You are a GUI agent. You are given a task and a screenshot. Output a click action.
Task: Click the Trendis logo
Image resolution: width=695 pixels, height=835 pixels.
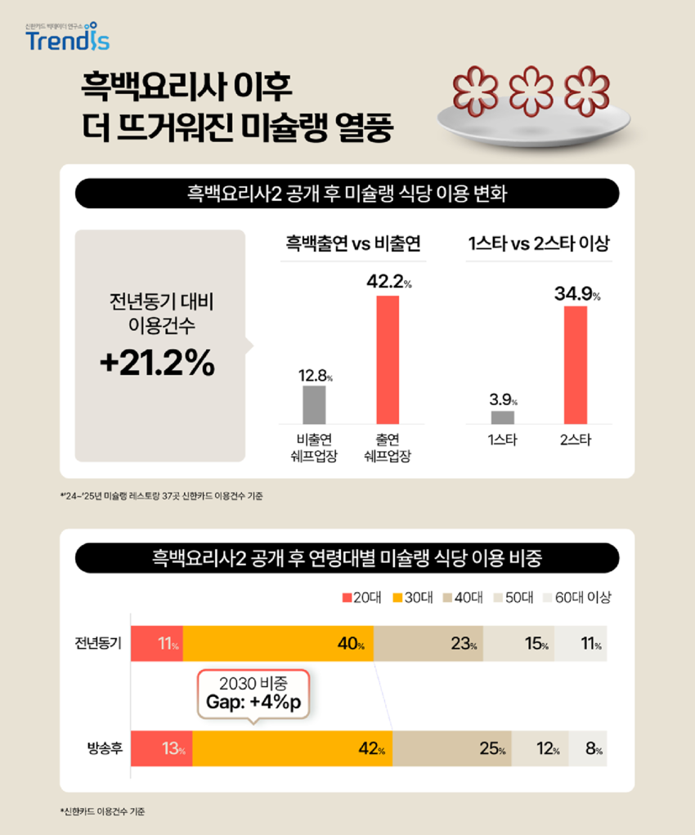67,38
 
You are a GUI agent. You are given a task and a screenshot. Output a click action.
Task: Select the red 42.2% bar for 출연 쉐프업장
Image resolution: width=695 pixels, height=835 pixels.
388,359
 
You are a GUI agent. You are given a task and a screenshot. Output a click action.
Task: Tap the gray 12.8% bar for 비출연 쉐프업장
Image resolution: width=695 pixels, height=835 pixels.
314,404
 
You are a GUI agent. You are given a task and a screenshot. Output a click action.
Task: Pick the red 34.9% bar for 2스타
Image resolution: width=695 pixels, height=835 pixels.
576,364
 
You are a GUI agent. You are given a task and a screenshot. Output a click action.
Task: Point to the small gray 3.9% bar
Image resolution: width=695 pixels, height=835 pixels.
503,417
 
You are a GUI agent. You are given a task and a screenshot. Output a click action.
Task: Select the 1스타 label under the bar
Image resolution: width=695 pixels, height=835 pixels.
503,441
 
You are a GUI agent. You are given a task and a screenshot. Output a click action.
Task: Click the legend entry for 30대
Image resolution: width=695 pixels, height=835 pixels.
413,597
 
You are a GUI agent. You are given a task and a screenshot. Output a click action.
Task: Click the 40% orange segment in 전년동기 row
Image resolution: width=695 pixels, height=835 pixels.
278,644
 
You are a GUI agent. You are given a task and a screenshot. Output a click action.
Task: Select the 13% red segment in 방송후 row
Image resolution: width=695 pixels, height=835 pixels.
161,748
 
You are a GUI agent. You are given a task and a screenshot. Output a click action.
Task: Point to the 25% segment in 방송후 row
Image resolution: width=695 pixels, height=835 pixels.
452,748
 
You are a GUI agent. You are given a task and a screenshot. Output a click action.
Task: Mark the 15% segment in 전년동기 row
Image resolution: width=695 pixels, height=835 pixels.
518,644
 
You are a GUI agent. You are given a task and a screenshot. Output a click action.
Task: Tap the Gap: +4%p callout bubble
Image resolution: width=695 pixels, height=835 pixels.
253,694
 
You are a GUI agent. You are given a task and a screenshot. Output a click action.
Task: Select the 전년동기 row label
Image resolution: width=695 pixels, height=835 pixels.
98,644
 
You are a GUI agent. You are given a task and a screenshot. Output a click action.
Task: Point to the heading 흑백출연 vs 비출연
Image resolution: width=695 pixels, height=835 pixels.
352,244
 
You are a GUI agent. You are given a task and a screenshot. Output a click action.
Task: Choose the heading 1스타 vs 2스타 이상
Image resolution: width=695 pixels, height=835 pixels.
539,244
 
